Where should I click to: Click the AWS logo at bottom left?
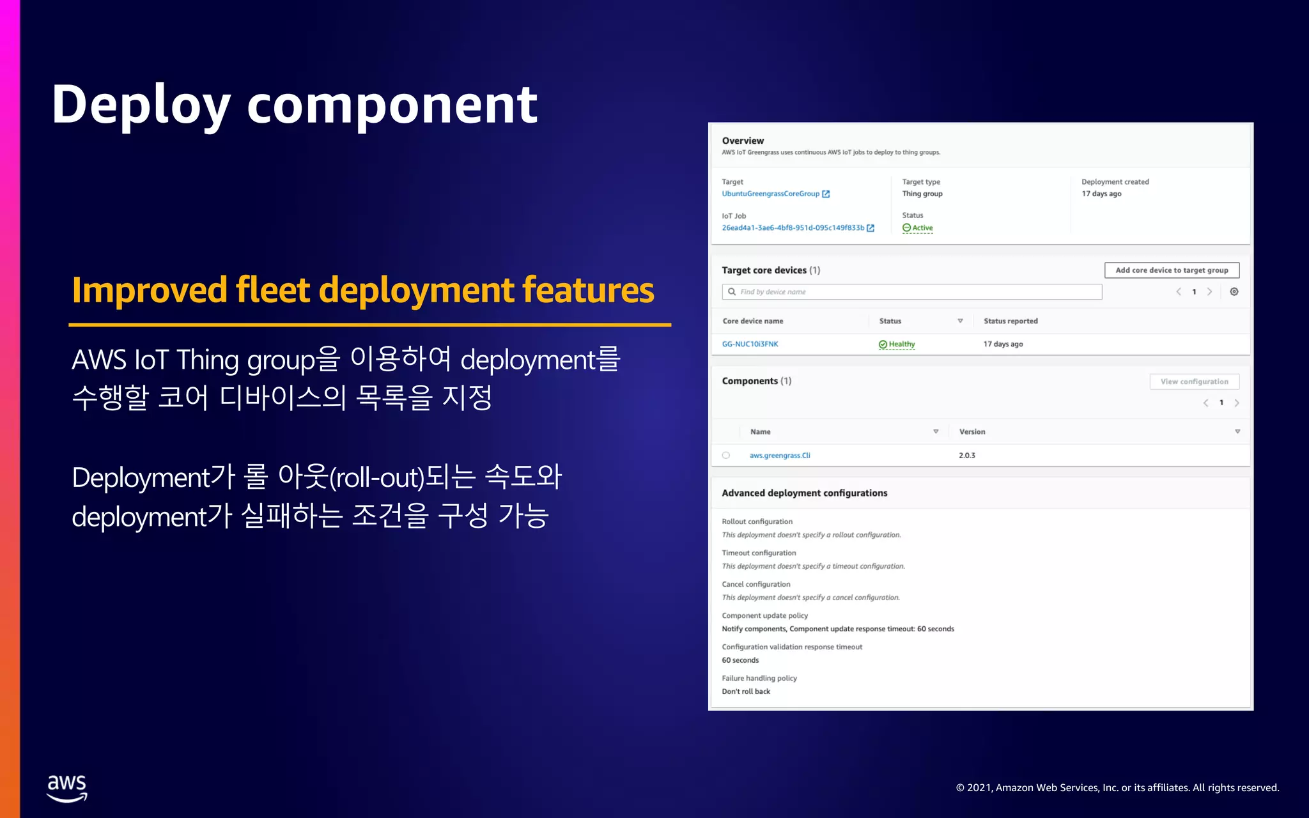point(66,788)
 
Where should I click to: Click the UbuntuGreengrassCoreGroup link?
point(770,194)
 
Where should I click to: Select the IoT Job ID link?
point(793,228)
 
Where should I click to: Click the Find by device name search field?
point(914,291)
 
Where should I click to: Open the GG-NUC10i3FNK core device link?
point(750,344)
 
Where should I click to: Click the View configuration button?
point(1194,382)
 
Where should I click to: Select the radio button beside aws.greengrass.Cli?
point(725,455)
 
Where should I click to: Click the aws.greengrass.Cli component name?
point(780,455)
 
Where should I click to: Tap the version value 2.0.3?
point(966,455)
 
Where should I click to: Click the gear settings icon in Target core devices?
point(1234,291)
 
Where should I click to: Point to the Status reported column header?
point(1011,321)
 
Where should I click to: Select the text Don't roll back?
point(746,691)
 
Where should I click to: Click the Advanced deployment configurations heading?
point(804,493)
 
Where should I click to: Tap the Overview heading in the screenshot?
point(743,141)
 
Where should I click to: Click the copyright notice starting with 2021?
point(1117,787)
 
